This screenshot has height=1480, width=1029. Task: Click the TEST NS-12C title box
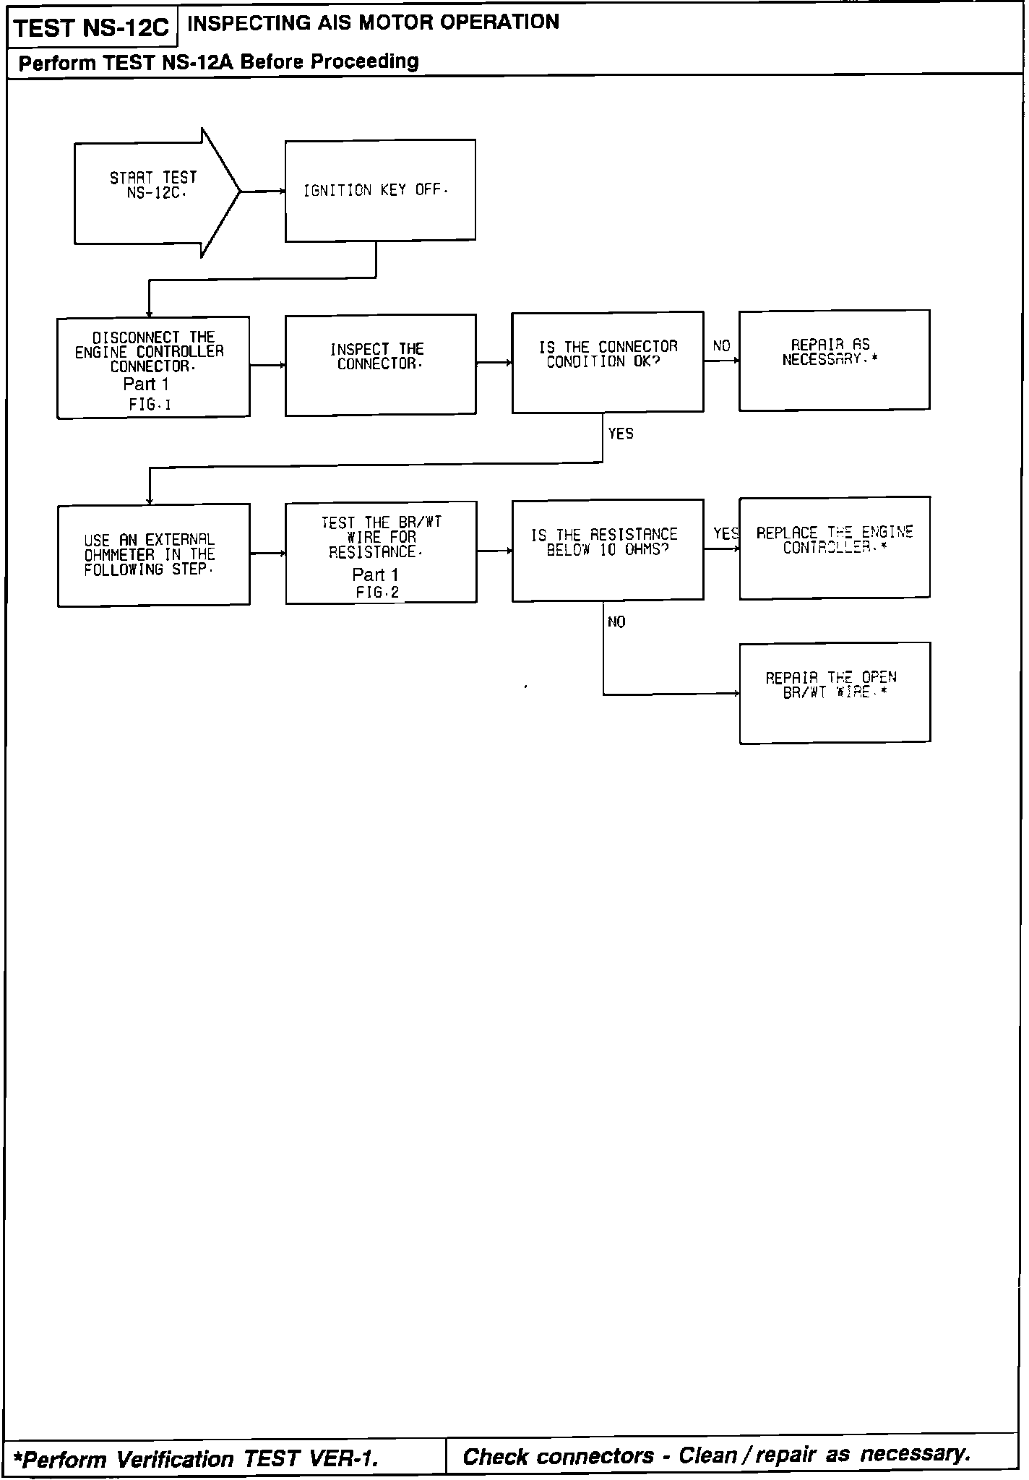click(91, 29)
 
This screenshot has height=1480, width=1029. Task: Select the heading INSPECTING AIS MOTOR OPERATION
click(373, 22)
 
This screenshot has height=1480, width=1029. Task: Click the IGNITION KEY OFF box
click(380, 191)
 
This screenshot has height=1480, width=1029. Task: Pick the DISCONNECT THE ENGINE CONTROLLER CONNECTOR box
click(153, 367)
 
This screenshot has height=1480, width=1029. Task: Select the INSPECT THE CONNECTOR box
click(380, 365)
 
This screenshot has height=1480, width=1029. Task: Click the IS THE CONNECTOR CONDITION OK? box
click(607, 362)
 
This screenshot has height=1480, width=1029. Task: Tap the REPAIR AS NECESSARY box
click(834, 361)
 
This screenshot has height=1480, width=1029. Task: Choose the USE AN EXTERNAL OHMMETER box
click(153, 555)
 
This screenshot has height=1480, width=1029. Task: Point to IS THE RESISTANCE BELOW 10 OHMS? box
click(607, 550)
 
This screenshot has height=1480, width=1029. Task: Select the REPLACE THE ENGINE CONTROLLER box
click(834, 548)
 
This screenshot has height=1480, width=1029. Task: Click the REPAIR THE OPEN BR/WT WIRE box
click(835, 693)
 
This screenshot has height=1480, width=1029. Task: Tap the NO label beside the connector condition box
click(721, 346)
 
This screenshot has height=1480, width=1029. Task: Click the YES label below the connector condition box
click(621, 434)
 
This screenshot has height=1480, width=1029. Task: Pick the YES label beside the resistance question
click(726, 534)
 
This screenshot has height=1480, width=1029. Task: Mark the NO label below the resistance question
click(616, 622)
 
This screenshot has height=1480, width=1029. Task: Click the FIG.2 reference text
click(377, 593)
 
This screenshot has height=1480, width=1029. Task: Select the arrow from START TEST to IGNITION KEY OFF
click(262, 192)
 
